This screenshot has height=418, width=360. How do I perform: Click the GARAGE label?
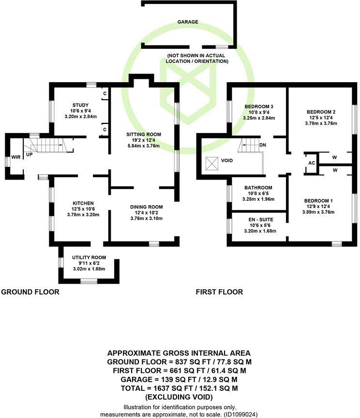(187, 22)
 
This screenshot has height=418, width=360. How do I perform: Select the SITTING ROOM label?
(144, 134)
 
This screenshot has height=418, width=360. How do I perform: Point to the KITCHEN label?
(83, 203)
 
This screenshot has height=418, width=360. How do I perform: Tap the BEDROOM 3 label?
(259, 106)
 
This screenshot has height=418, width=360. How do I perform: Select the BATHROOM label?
(258, 188)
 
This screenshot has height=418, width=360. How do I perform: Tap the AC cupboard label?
(312, 163)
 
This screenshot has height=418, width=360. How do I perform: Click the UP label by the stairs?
(29, 155)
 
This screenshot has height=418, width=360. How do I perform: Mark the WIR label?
(16, 158)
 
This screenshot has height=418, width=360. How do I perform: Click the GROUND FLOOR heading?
(30, 292)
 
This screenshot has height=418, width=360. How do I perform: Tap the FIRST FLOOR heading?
(219, 292)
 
